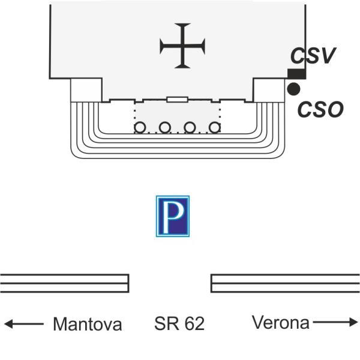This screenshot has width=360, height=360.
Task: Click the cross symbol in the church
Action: (x=182, y=46)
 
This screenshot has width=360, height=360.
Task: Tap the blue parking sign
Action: (x=173, y=216)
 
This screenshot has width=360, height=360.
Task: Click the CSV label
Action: (x=312, y=56)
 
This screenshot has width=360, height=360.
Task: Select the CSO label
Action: (x=321, y=109)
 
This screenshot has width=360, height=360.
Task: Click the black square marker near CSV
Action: (x=296, y=74)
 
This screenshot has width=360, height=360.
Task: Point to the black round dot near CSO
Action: (x=293, y=89)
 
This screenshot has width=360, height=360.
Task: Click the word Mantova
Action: (x=88, y=325)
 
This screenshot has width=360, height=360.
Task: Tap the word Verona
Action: (x=280, y=323)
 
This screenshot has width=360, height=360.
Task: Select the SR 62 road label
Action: (x=179, y=324)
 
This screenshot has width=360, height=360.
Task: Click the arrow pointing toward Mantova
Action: (x=24, y=324)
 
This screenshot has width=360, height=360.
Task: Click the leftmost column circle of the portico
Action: (x=140, y=127)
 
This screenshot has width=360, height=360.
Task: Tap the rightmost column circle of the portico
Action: (x=214, y=127)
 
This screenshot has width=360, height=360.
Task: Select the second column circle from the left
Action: (x=165, y=127)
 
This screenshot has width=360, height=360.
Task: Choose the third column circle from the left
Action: (x=190, y=127)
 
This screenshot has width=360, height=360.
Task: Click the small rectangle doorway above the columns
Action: (x=178, y=100)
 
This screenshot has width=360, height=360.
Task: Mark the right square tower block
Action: (x=269, y=90)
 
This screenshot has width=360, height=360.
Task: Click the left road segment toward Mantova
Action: (x=64, y=283)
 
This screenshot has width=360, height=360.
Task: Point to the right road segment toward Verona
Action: (x=285, y=283)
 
